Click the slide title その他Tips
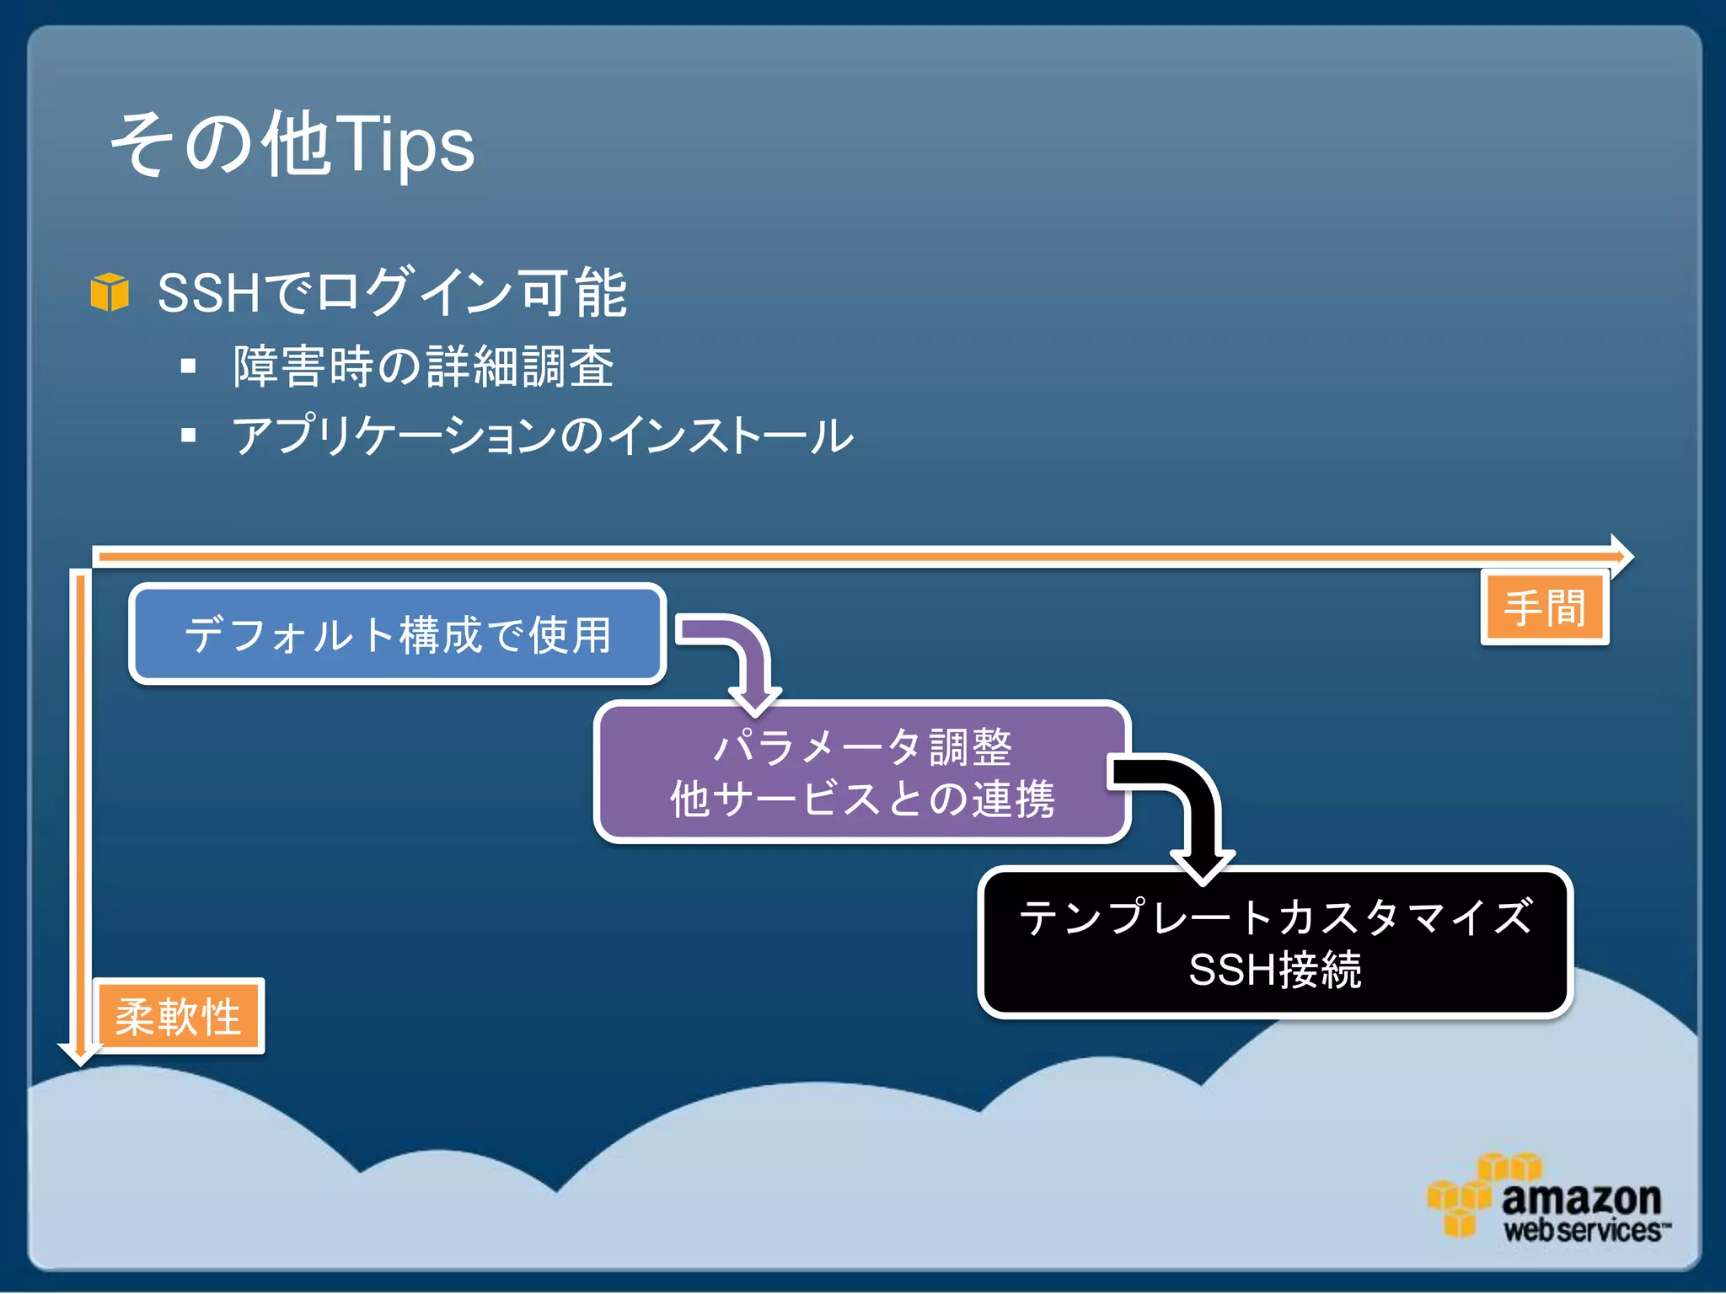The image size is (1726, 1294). (x=292, y=145)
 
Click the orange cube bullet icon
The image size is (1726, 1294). (x=110, y=292)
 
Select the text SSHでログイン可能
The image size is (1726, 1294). (x=392, y=293)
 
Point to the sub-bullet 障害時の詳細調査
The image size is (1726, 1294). (x=423, y=366)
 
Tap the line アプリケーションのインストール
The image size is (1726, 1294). (x=543, y=436)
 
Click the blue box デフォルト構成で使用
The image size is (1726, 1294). (x=397, y=634)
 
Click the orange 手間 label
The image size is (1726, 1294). (x=1545, y=607)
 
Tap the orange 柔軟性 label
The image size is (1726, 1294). (x=179, y=1016)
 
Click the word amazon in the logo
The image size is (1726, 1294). (x=1581, y=1197)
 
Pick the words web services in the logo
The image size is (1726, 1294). (x=1583, y=1231)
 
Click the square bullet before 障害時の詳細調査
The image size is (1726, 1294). (x=188, y=366)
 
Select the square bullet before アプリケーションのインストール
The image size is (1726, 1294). (x=188, y=436)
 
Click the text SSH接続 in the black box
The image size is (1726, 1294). (x=1275, y=970)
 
